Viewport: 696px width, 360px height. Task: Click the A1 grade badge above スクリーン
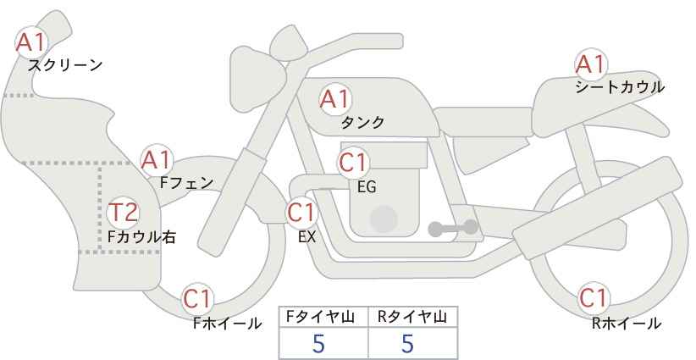coord(30,42)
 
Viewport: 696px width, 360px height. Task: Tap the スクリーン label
coord(65,66)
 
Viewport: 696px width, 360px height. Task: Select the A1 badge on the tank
coord(335,99)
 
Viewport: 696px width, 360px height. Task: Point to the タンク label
coord(362,123)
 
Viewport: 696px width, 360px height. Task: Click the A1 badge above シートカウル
coord(591,64)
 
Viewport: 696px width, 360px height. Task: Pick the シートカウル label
coord(620,87)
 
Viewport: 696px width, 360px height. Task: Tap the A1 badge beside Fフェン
coord(157,160)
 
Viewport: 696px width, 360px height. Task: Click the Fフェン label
coord(186,183)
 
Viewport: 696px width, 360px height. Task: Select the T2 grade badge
coord(124,213)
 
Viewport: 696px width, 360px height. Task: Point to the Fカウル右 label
coord(141,236)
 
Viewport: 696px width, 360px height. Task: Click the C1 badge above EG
coord(353,163)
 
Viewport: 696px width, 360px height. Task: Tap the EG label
coord(367,187)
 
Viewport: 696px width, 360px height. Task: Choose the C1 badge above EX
coord(301,213)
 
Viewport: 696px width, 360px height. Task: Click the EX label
coord(307,237)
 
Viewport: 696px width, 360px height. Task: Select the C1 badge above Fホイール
coord(198,299)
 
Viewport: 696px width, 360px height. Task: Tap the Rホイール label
coord(627,324)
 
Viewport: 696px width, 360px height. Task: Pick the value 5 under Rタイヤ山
coord(407,343)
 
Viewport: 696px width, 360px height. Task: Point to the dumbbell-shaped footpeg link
coord(453,228)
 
